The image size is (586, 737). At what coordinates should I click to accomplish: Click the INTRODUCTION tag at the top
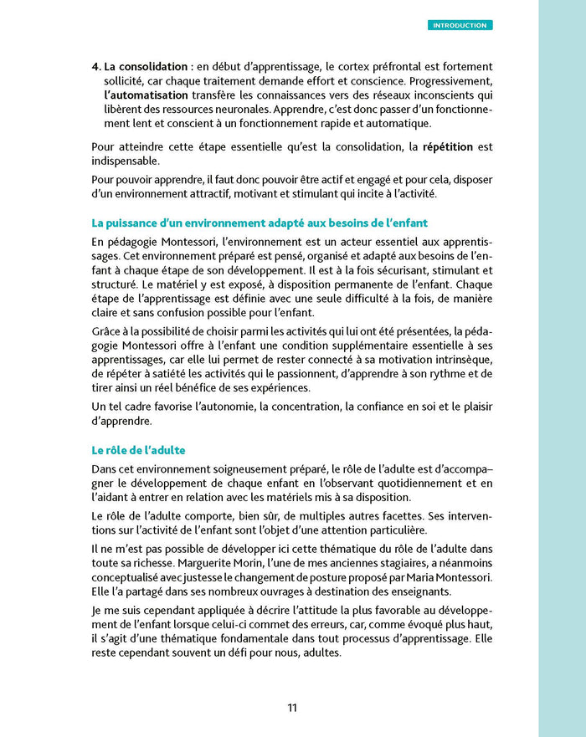click(460, 25)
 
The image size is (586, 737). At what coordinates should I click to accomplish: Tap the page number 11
click(292, 708)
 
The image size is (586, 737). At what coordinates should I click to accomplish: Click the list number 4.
click(95, 65)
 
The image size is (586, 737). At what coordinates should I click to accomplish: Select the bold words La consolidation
click(144, 65)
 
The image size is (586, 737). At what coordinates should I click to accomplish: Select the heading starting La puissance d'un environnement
click(260, 223)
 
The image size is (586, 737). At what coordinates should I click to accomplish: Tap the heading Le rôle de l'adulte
click(139, 450)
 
